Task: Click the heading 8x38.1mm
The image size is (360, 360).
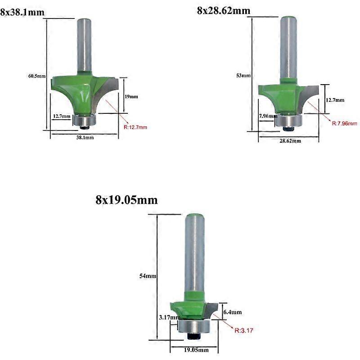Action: (22, 12)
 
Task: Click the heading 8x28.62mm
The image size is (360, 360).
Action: (224, 10)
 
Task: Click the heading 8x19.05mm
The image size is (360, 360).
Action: (126, 200)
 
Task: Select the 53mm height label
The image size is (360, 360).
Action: (243, 76)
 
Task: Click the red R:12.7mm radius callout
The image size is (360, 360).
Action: (135, 127)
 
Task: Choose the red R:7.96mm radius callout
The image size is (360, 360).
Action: (344, 123)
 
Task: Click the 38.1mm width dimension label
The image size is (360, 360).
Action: (84, 138)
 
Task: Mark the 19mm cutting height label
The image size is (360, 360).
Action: (131, 96)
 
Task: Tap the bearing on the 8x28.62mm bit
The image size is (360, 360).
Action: (288, 121)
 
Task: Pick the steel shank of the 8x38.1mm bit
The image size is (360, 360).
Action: (84, 45)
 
